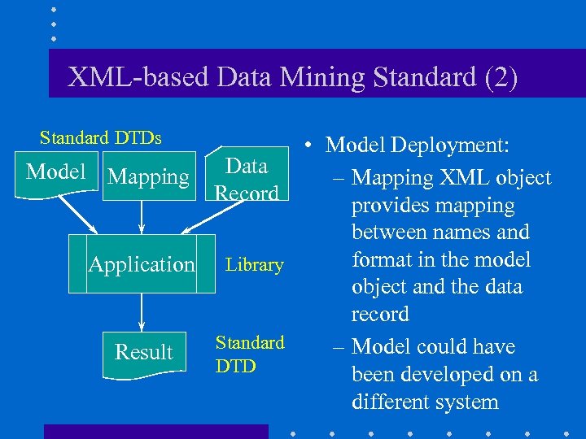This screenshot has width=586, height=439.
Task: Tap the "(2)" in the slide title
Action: (x=496, y=77)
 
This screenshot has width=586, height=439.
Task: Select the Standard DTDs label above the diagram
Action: (x=101, y=137)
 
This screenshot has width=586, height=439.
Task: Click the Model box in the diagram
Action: (x=55, y=172)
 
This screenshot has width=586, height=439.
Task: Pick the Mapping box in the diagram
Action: (x=148, y=176)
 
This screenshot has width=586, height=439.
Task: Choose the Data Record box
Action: (x=247, y=179)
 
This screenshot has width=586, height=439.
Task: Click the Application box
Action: (x=142, y=264)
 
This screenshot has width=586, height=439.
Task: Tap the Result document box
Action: (x=143, y=352)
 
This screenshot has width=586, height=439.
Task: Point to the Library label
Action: (x=254, y=265)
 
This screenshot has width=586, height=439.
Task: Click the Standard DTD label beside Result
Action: (x=249, y=354)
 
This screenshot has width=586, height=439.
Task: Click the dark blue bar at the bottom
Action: (x=155, y=431)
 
